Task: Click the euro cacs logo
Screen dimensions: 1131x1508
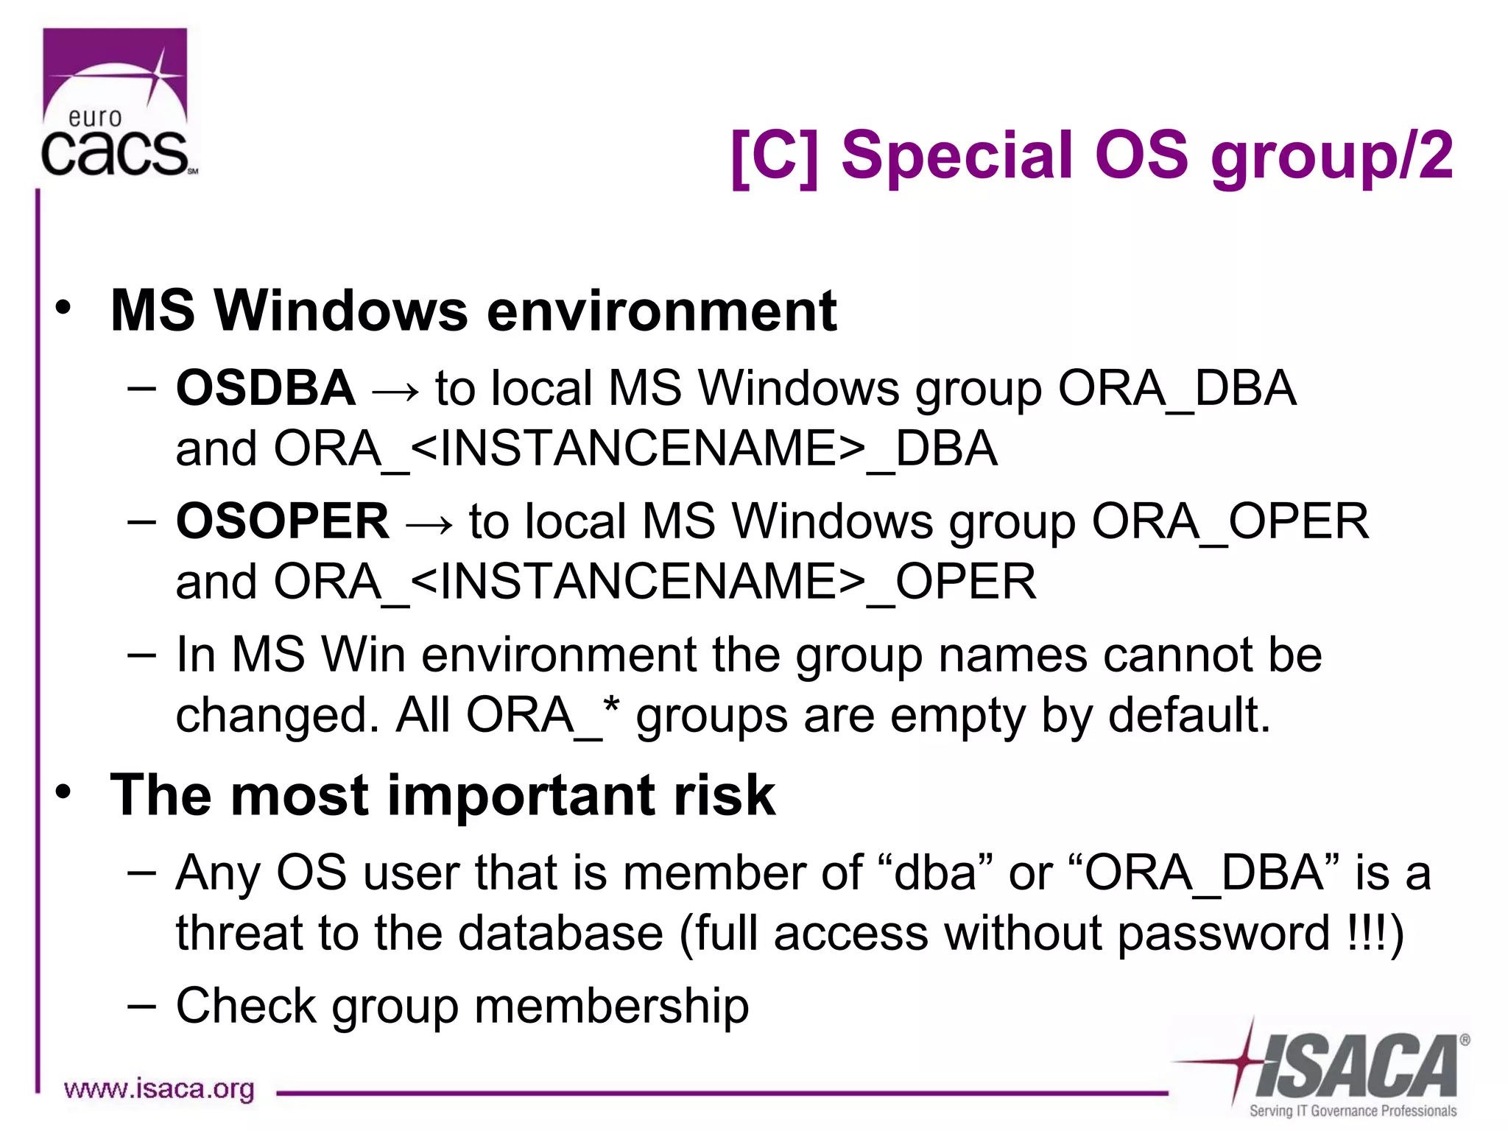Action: pos(116,103)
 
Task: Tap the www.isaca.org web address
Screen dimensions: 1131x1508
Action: pos(159,1088)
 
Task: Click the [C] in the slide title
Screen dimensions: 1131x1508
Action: pos(774,156)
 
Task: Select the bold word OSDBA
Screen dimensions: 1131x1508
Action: pos(265,388)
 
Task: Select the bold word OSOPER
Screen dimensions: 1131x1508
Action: pos(282,521)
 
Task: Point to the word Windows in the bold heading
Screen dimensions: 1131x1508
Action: pos(341,311)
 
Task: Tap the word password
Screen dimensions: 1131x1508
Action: pos(1223,934)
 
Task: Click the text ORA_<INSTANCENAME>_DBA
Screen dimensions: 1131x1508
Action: pos(635,449)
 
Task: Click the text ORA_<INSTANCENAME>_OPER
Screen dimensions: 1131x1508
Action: pos(655,582)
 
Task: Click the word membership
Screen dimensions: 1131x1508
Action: pos(611,1006)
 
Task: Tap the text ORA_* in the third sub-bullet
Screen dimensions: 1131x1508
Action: pos(543,715)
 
